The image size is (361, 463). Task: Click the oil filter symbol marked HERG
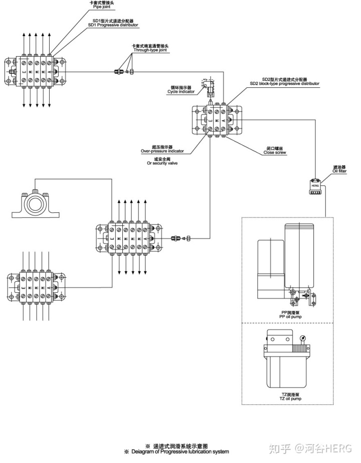(x=315, y=185)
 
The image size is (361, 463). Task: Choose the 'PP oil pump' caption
(x=291, y=315)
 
